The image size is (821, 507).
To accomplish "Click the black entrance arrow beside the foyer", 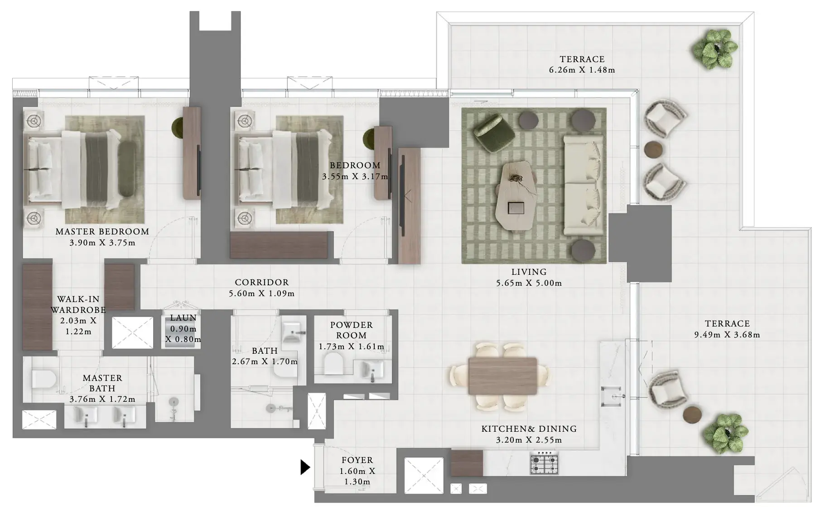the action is (305, 467).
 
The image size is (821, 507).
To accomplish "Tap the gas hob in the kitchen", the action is (544, 463).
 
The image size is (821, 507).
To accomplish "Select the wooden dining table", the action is (502, 376).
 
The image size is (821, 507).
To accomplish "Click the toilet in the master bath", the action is (44, 378).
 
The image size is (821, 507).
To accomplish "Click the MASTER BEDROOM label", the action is (102, 231).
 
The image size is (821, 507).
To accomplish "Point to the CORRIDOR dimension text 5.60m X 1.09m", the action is (261, 293).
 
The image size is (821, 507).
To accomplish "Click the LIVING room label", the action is (529, 272).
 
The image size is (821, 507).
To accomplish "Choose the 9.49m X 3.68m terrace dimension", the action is (727, 335).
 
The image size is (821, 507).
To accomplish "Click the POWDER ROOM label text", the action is (352, 330).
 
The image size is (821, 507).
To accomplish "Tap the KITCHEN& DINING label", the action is (529, 429).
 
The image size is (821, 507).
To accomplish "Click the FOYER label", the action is (357, 460).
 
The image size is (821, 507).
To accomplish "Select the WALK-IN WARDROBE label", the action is (78, 305).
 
